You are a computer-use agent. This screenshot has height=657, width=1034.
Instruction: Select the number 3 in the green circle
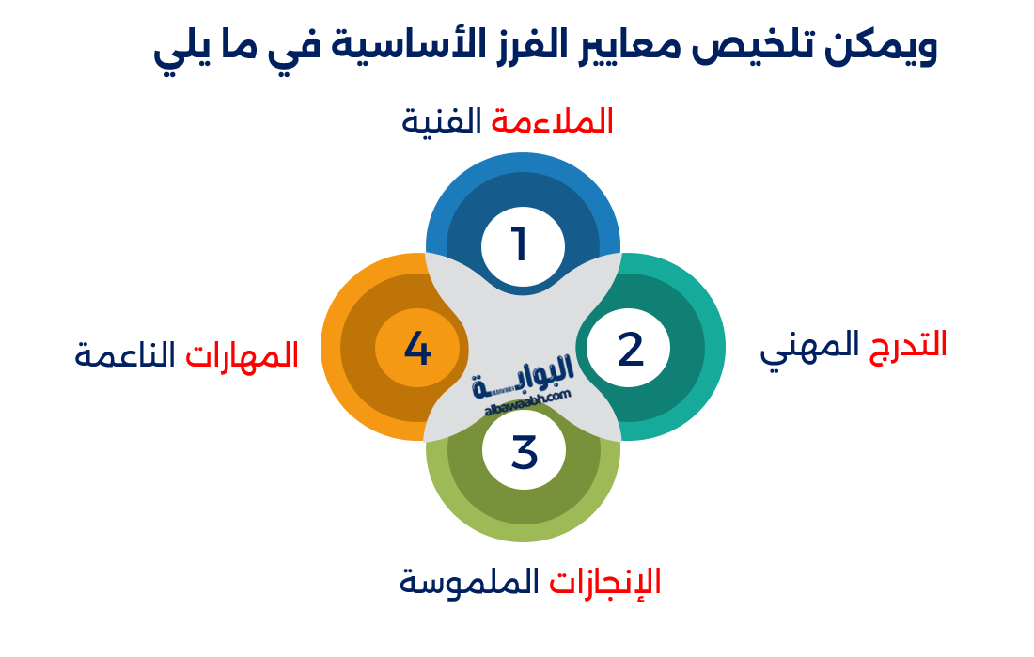[x=524, y=452]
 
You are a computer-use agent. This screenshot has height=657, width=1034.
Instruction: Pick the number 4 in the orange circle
[x=417, y=349]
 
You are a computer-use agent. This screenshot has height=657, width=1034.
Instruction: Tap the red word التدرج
[x=907, y=345]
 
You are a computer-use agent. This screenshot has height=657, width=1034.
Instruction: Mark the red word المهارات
[x=242, y=354]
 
